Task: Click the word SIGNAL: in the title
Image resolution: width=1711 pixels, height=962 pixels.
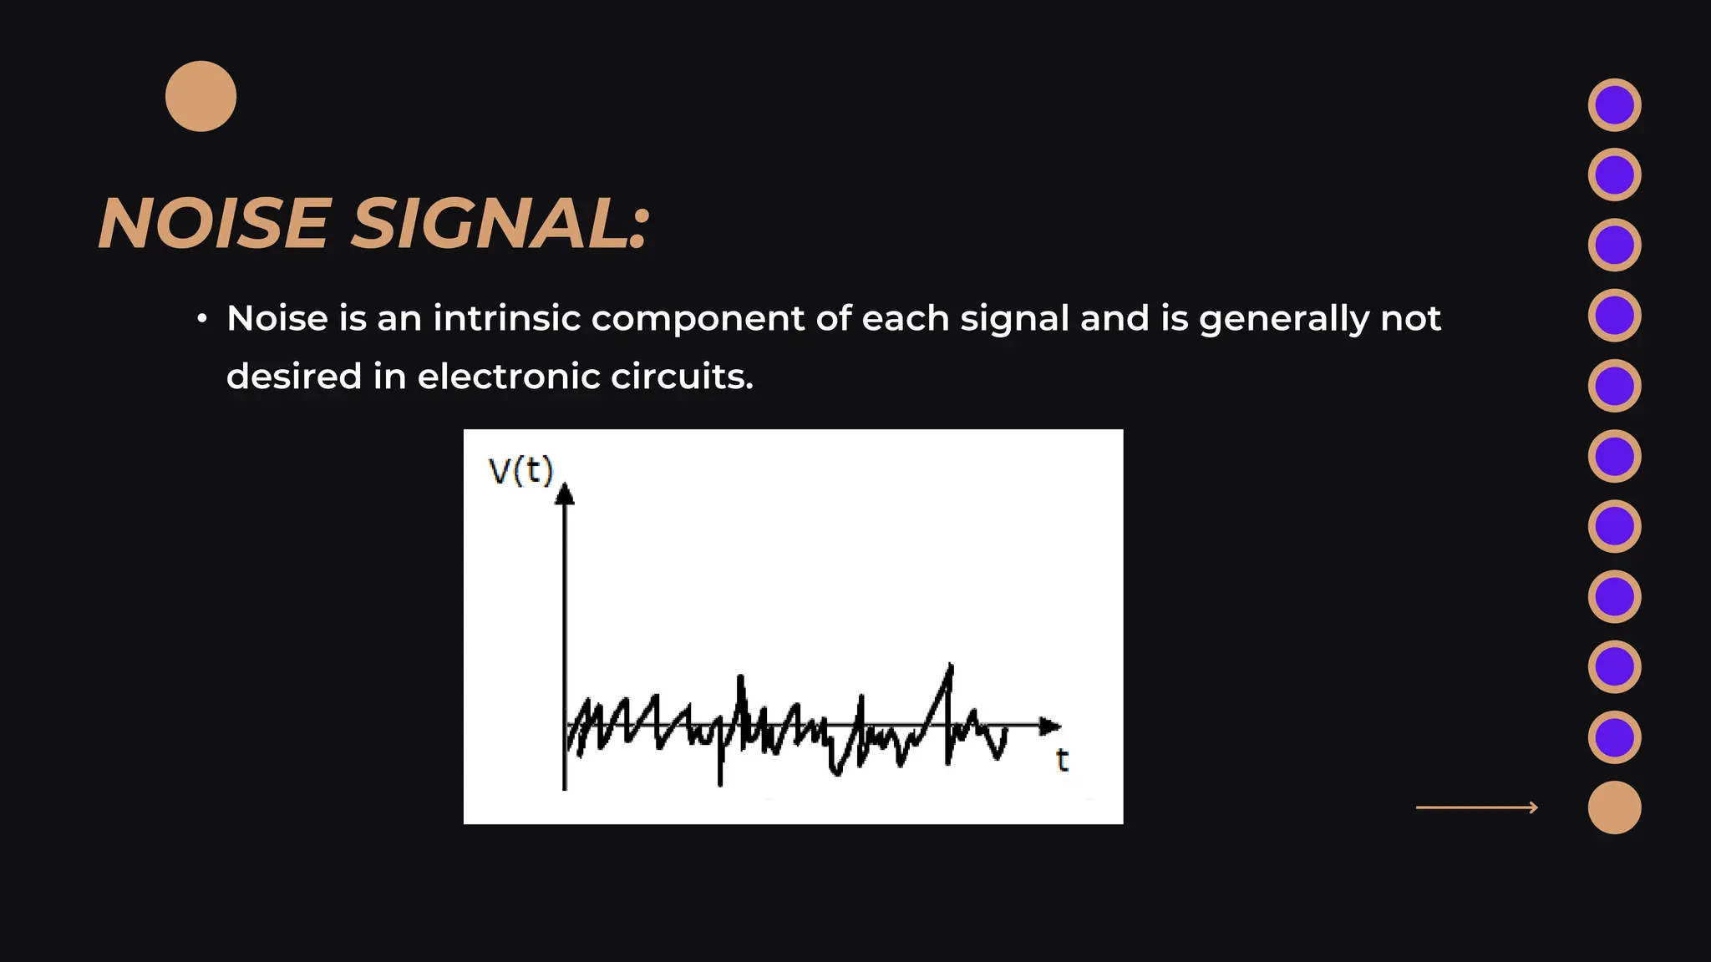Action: point(500,224)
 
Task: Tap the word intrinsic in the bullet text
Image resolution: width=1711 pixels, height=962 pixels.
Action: point(506,318)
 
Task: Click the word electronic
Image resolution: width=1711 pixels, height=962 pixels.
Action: point(509,377)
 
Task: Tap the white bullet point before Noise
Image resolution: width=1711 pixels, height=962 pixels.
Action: point(201,319)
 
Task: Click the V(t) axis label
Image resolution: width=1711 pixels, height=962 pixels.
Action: point(520,471)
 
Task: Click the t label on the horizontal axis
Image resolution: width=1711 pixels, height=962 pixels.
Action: point(1062,760)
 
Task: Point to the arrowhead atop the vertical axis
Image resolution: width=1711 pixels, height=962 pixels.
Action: point(565,494)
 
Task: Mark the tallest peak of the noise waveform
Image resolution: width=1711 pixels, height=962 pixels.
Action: point(951,667)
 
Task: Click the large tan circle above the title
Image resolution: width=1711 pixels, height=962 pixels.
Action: point(201,96)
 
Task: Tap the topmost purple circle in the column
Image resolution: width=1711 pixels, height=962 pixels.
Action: point(1614,105)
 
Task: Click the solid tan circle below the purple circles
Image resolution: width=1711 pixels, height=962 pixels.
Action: point(1614,808)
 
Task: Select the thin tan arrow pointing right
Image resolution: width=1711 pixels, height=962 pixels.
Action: point(1476,808)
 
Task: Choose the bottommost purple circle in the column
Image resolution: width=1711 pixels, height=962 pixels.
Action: point(1614,737)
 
